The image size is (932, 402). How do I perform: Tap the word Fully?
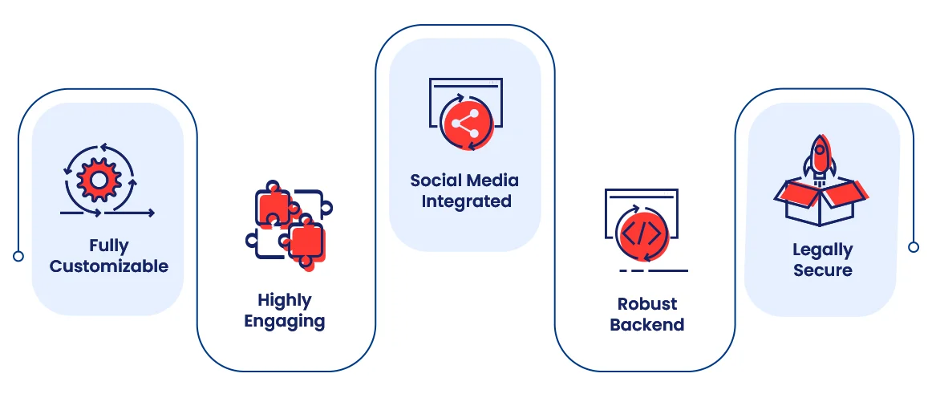[x=109, y=246]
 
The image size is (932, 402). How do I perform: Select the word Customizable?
[x=109, y=266]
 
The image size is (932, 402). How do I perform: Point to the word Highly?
[x=285, y=301]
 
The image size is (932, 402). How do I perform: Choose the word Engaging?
[x=285, y=322]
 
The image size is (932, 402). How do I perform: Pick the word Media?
[x=492, y=181]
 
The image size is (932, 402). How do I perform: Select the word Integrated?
[x=467, y=201]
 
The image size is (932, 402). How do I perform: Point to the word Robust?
[x=647, y=304]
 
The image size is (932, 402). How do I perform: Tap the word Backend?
[x=647, y=325]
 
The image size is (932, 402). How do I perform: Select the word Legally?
[x=823, y=250]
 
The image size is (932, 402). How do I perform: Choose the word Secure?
[x=823, y=270]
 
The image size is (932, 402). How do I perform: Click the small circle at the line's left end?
[x=18, y=256]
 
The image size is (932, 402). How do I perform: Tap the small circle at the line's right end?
[x=914, y=247]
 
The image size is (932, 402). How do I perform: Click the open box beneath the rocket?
[x=820, y=202]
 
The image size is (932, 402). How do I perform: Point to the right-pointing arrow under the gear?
[x=130, y=213]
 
